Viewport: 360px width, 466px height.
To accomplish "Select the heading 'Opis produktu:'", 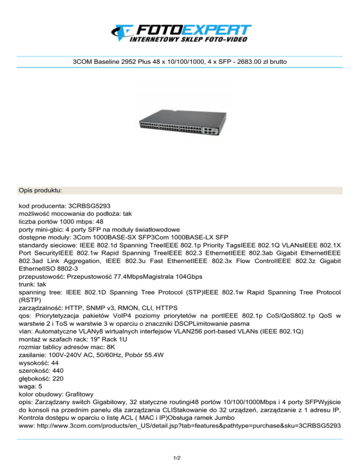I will click(x=41, y=191).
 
